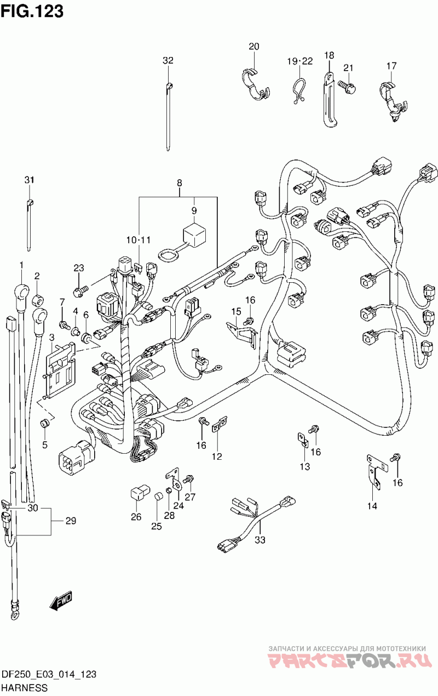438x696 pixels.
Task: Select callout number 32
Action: click(168, 60)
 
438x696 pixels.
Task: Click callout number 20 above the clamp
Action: click(253, 47)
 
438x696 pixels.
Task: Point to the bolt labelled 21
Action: click(346, 85)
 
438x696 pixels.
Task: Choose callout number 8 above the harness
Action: click(179, 183)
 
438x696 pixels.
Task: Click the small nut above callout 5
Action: click(45, 423)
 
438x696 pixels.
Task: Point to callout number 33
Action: click(260, 540)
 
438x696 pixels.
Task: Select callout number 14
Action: click(372, 506)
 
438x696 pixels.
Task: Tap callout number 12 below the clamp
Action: click(217, 456)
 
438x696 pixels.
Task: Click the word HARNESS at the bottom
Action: click(24, 688)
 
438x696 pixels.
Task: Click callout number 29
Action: click(71, 521)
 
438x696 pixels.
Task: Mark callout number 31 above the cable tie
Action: click(29, 180)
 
